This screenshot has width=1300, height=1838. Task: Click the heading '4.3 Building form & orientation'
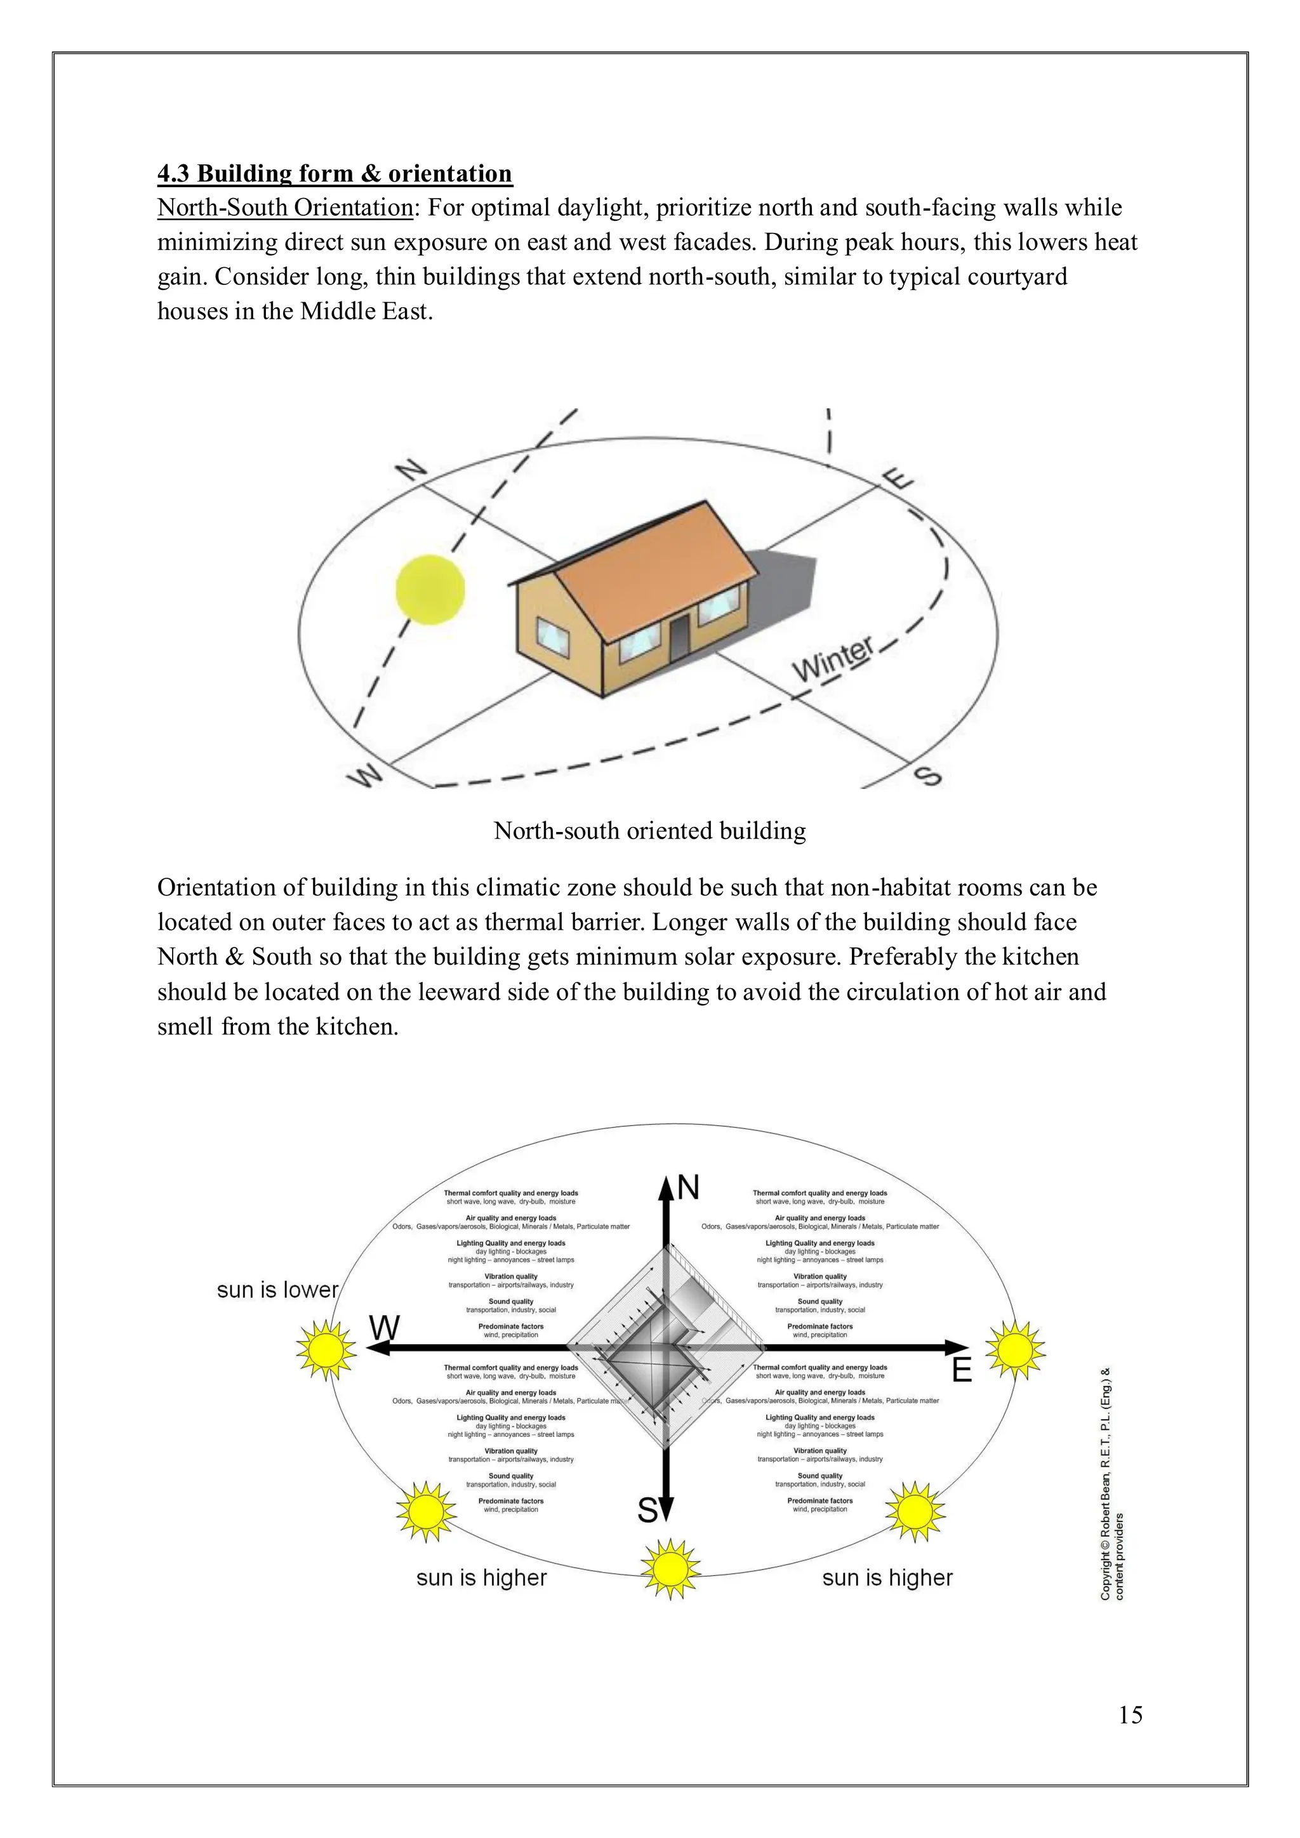click(335, 174)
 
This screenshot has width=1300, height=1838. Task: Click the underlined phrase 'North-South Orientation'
click(285, 208)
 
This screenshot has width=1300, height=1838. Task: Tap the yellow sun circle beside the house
click(430, 590)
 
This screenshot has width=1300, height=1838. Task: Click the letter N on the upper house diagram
click(413, 471)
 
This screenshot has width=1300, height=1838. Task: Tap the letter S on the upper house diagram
click(927, 775)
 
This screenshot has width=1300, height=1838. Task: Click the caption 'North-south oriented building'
click(649, 831)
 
